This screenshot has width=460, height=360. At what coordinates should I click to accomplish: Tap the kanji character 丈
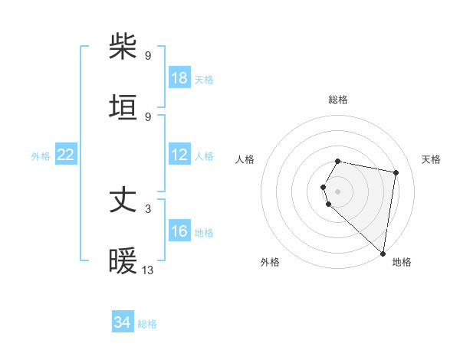124,201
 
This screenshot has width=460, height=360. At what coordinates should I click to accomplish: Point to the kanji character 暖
124,261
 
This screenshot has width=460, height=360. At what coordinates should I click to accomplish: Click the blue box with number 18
179,78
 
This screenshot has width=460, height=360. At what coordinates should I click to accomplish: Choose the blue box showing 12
179,155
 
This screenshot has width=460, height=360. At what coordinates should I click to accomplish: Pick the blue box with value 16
179,231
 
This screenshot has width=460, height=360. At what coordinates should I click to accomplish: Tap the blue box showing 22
66,155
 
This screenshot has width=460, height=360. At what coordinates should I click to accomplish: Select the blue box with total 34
123,322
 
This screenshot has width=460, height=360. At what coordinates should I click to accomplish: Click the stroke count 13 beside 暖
148,270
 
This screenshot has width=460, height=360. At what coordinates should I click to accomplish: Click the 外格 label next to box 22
41,155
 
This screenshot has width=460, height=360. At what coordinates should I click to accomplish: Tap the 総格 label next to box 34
147,324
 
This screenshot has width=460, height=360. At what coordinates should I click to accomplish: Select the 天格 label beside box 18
204,79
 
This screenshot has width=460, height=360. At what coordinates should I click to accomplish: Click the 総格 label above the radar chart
338,100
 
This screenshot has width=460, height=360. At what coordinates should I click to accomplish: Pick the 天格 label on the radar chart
432,159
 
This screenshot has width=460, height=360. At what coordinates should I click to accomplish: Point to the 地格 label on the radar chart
402,262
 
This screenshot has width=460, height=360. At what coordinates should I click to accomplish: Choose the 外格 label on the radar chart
270,262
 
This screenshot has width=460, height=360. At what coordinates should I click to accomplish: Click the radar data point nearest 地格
383,254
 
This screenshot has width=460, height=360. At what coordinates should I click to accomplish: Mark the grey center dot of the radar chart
338,191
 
